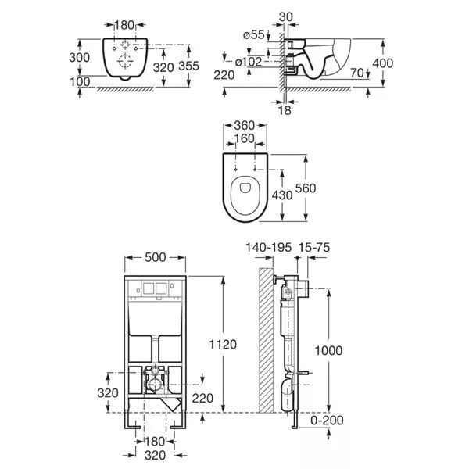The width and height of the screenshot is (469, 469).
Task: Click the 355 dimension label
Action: pos(188,66)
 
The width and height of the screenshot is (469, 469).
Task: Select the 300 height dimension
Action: pos(79,57)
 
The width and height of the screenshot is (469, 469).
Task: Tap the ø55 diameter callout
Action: pos(254,35)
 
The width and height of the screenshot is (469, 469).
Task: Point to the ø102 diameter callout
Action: pos(249,62)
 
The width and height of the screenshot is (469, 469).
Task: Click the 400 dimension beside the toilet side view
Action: pos(383,63)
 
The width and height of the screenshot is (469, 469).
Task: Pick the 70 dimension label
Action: pos(357,73)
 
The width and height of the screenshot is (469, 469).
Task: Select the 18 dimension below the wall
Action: pos(285,110)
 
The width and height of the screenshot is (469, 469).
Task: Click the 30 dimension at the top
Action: pos(285,17)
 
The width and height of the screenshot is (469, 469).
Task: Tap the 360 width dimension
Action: pos(245,125)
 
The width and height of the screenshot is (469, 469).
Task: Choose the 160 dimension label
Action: pos(245,139)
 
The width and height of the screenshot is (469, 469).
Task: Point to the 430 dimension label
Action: pos(282,195)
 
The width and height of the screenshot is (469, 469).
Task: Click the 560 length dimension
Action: pos(306,188)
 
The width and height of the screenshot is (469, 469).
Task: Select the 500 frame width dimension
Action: pos(155,257)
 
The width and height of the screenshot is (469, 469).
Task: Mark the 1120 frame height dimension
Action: pos(223,345)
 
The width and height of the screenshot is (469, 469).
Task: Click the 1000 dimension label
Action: pos(328,350)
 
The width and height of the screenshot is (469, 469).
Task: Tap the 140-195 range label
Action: pos(268,247)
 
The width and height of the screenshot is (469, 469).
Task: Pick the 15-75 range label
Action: pos(314,247)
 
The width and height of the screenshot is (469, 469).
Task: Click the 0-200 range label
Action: pos(327,421)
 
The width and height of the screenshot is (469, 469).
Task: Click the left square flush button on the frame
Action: pos(149,288)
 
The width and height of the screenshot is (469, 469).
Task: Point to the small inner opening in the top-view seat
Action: pos(245,188)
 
